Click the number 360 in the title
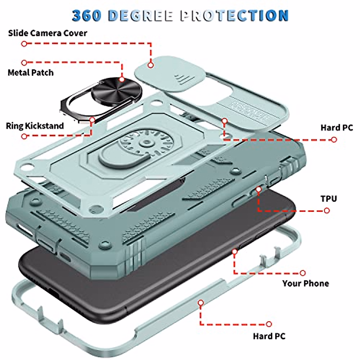pos(86,16)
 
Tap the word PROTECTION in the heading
pos(234,16)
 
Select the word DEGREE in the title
pos(140,16)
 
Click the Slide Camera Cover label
pos(47,33)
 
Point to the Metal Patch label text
pos(31,73)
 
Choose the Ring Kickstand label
pos(35,126)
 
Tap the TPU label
pos(328,199)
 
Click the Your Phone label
pos(305,283)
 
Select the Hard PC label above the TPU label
pos(337,127)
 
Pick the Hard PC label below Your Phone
pos(269,336)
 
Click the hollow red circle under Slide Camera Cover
pos(24,44)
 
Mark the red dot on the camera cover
pos(151,65)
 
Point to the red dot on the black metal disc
pos(122,79)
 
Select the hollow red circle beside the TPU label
pos(327,211)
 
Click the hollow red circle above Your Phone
pos(303,273)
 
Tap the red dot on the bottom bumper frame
pos(201,303)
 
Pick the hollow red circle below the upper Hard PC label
pos(334,139)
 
